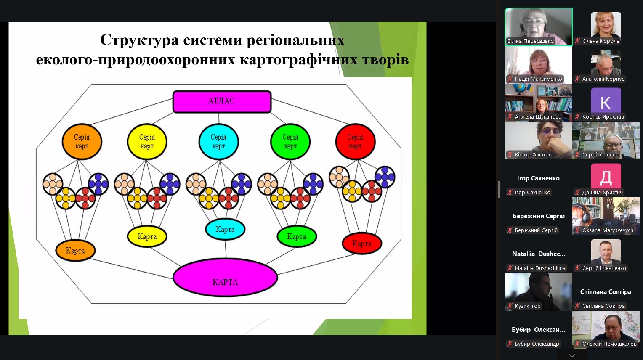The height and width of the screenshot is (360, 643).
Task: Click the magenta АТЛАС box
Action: (222, 101)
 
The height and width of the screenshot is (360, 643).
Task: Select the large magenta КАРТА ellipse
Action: (225, 277)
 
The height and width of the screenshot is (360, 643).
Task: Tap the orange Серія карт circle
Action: (82, 141)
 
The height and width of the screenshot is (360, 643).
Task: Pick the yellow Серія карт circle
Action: (147, 141)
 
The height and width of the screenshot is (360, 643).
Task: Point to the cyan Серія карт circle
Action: (218, 141)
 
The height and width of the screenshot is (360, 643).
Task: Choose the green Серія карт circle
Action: (290, 141)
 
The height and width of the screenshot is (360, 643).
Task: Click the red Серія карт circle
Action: (355, 141)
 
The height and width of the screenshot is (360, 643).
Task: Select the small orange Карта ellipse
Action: (75, 250)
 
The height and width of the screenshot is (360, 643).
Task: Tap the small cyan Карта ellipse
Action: (225, 229)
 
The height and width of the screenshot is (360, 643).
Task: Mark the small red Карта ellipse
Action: (362, 244)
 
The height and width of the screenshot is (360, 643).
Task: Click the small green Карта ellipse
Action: (297, 236)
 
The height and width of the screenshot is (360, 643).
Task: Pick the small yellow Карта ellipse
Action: (147, 236)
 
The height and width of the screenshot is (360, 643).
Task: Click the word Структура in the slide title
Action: (140, 40)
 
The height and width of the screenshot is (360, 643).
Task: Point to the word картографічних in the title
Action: (298, 60)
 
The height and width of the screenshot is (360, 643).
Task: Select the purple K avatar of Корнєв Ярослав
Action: (606, 101)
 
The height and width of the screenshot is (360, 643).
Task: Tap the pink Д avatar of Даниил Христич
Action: (606, 177)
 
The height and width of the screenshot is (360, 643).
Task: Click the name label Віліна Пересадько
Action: (530, 41)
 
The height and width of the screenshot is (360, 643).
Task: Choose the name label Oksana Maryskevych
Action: (607, 230)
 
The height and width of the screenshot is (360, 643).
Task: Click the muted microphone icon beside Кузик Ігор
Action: (510, 306)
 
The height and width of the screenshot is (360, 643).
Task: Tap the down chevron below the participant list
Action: (572, 356)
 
